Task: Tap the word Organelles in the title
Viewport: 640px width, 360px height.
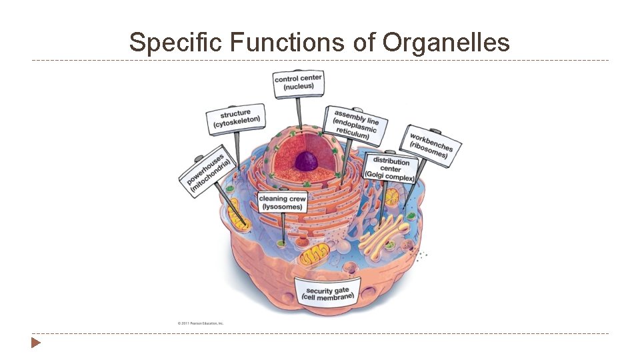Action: click(446, 43)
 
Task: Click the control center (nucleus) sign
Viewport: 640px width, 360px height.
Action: click(298, 82)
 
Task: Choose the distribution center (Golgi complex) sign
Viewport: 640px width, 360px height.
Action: click(390, 169)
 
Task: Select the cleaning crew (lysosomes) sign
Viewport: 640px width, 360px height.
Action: click(283, 202)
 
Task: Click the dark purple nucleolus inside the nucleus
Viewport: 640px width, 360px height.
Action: click(307, 161)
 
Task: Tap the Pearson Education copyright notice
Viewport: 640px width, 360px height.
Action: click(201, 323)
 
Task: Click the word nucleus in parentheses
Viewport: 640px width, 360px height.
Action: click(298, 87)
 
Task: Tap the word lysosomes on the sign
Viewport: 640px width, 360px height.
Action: click(283, 207)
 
